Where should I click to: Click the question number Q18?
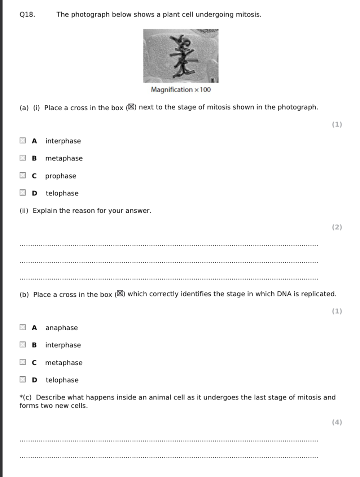click(27, 15)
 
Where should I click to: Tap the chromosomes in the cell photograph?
click(185, 56)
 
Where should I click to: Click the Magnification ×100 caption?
click(181, 90)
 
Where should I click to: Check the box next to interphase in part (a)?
click(23, 141)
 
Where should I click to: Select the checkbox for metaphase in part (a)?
click(23, 158)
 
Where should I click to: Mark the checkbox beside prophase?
click(23, 176)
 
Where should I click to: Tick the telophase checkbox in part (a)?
click(23, 193)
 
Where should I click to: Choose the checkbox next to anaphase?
click(23, 327)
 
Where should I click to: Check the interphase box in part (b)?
click(23, 345)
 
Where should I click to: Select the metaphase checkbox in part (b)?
click(23, 362)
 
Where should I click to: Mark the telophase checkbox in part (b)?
click(23, 380)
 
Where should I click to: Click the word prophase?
click(61, 176)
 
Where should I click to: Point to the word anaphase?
click(62, 328)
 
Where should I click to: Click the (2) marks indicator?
click(337, 227)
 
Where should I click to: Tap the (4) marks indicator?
click(337, 422)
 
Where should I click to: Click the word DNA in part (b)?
click(284, 294)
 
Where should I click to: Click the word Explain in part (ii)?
click(45, 211)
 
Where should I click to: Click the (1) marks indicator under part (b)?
click(337, 311)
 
